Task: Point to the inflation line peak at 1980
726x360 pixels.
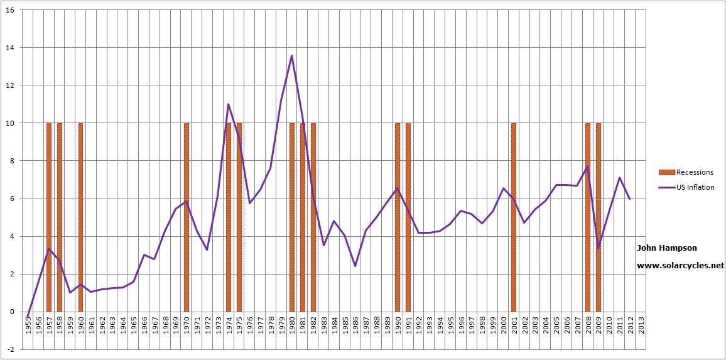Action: click(292, 56)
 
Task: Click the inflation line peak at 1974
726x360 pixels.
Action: click(228, 104)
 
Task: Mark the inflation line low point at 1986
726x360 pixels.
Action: click(355, 266)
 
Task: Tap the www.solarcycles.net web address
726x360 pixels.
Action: click(680, 266)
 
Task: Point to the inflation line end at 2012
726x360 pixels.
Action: click(630, 199)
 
